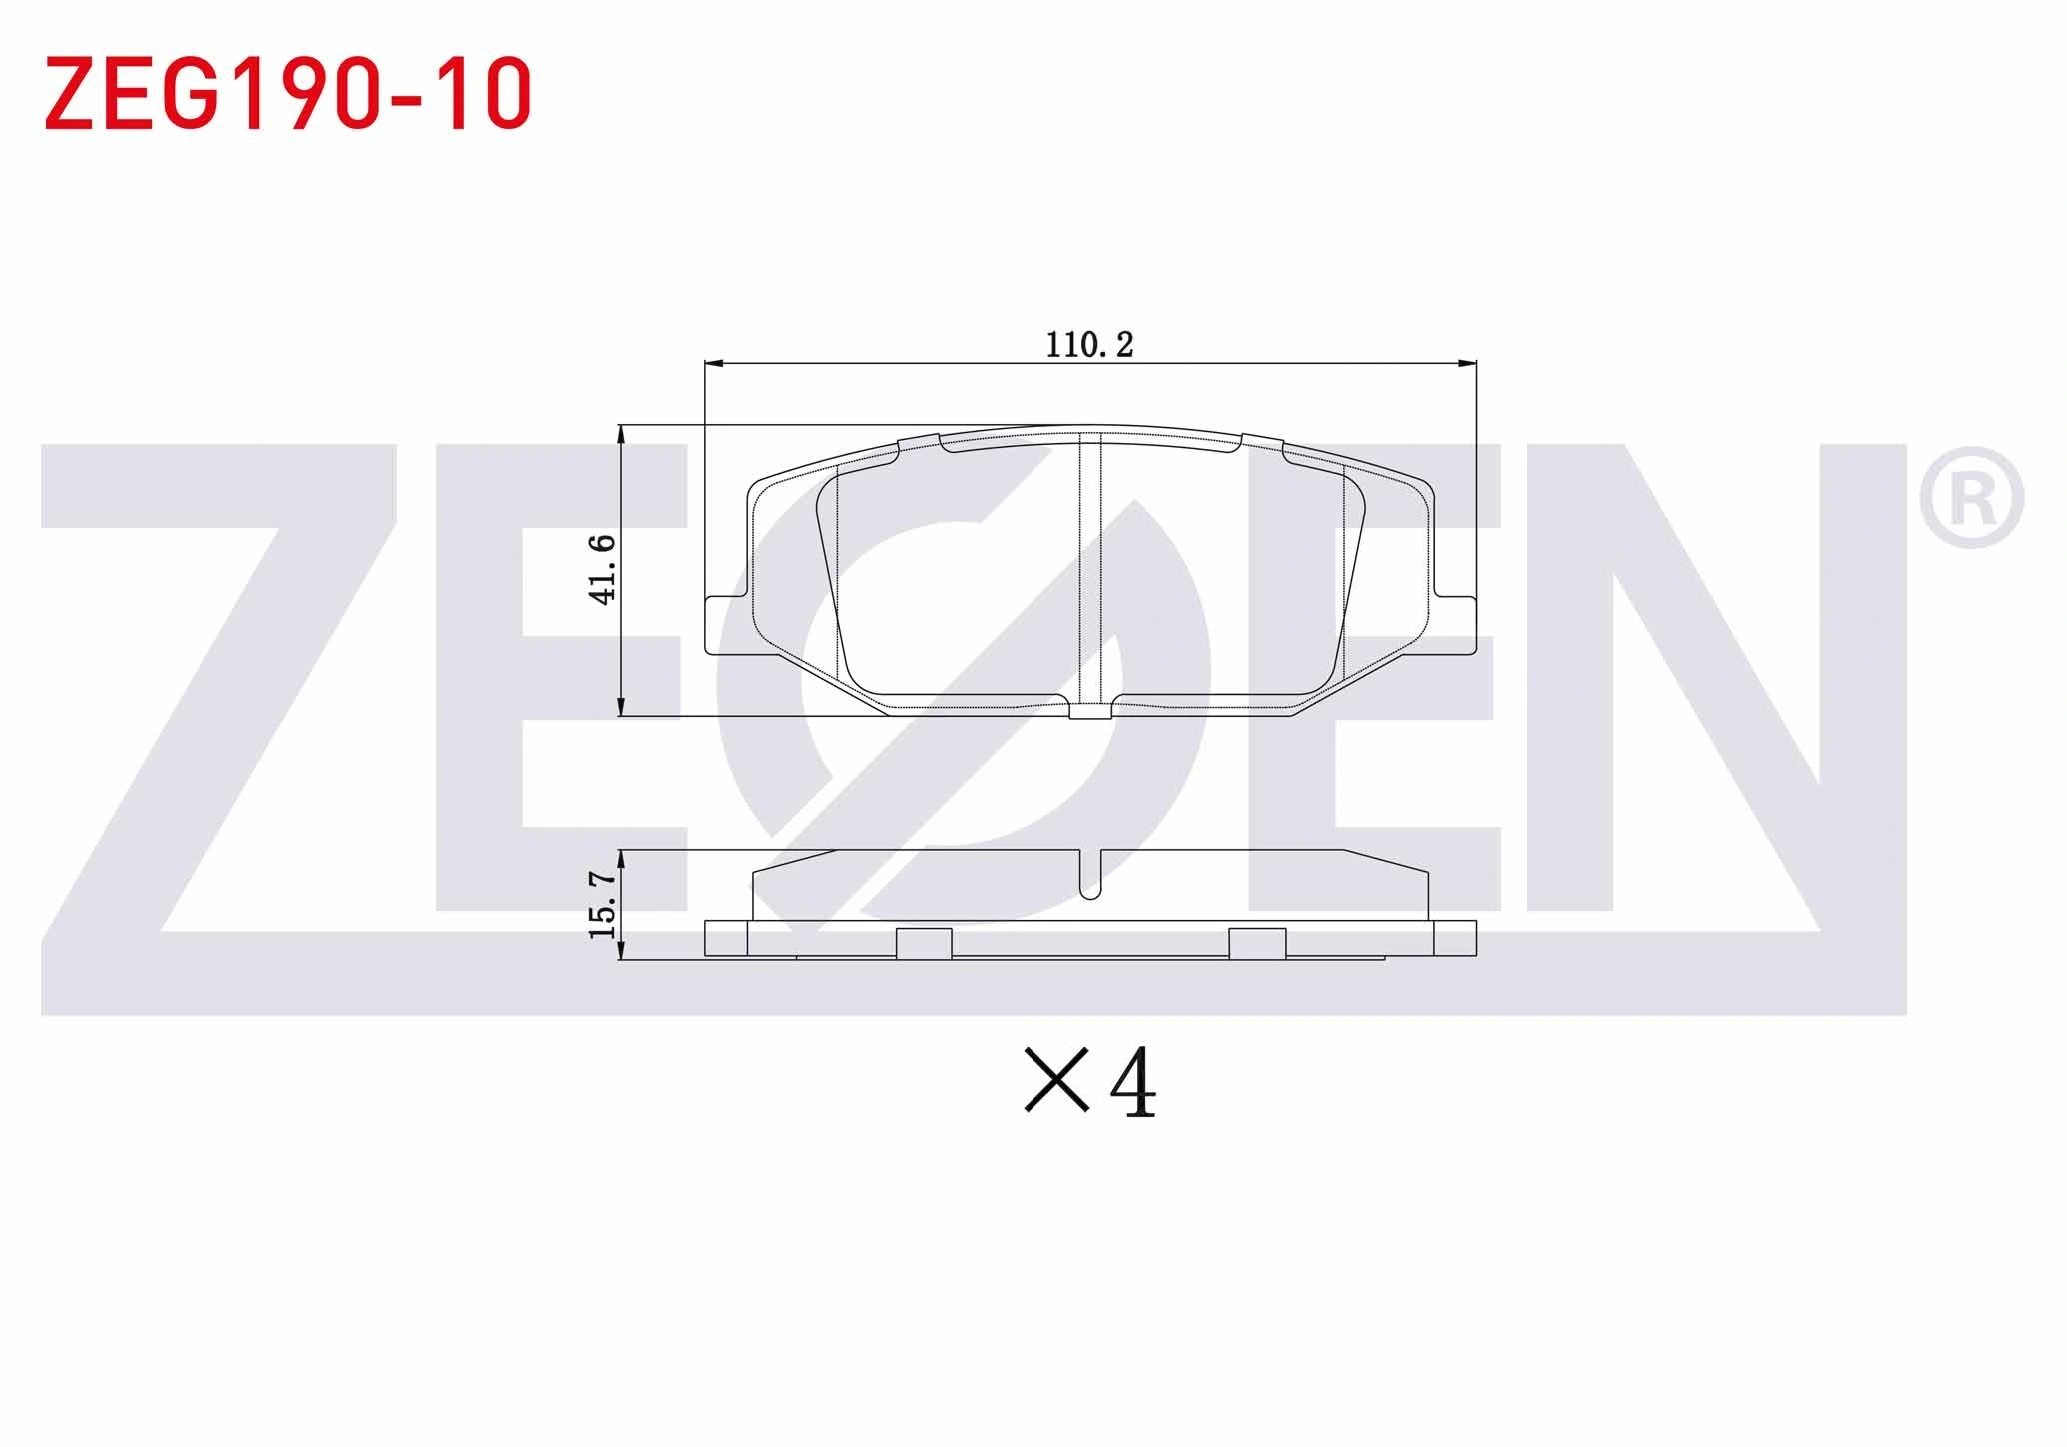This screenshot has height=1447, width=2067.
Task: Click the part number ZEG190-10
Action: coord(288,94)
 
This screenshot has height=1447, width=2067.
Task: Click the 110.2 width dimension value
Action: coord(1089,345)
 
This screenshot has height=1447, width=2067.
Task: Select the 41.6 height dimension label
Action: coord(603,569)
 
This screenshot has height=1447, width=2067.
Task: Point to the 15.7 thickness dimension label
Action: coord(602,904)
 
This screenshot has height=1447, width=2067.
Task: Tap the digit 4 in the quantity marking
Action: coord(1133,1084)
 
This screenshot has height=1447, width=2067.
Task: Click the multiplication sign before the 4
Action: coord(1056,1080)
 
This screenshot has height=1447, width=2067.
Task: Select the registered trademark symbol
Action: coord(1971,499)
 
